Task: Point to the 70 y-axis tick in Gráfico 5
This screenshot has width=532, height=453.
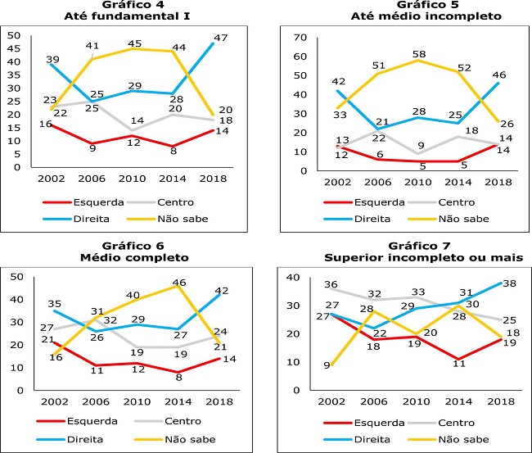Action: click(299, 38)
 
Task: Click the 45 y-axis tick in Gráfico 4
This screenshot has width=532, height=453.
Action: click(13, 48)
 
